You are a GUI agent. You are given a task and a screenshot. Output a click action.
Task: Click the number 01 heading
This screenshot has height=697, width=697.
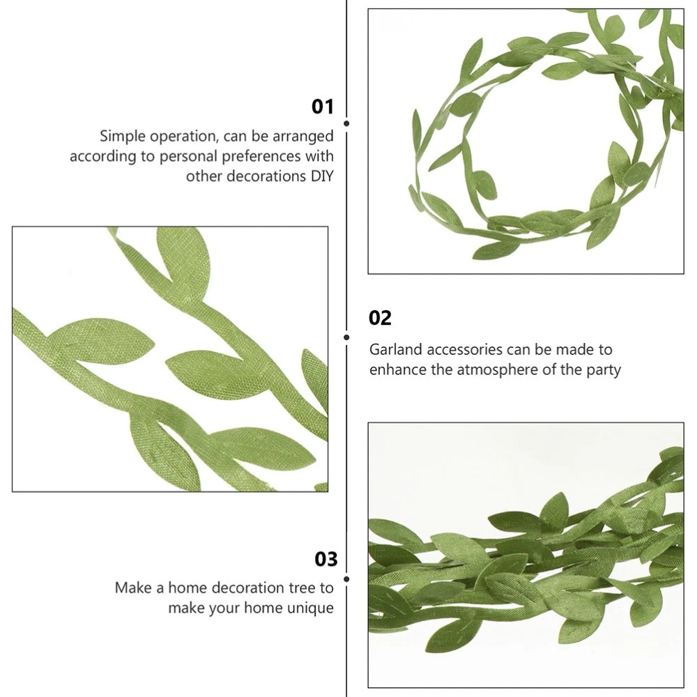pos(322,107)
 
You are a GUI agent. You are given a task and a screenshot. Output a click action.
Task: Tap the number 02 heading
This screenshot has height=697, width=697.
pos(380,318)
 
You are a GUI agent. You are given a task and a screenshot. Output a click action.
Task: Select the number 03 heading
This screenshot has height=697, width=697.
pos(326,559)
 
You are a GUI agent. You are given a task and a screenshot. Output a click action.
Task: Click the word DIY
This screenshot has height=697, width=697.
pos(322,176)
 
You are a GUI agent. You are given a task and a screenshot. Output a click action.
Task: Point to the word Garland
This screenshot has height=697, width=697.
pos(396,349)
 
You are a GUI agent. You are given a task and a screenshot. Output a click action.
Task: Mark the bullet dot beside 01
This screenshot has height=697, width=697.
pos(346,123)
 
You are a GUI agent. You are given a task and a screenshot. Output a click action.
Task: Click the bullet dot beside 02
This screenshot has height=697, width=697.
pos(346,337)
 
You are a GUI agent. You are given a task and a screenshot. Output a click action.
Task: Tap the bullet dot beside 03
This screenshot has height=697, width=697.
pos(346,579)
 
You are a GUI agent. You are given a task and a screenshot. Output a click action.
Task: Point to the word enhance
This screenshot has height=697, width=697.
pos(398,370)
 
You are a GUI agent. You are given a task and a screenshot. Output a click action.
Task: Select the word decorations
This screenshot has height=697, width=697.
pos(266,176)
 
